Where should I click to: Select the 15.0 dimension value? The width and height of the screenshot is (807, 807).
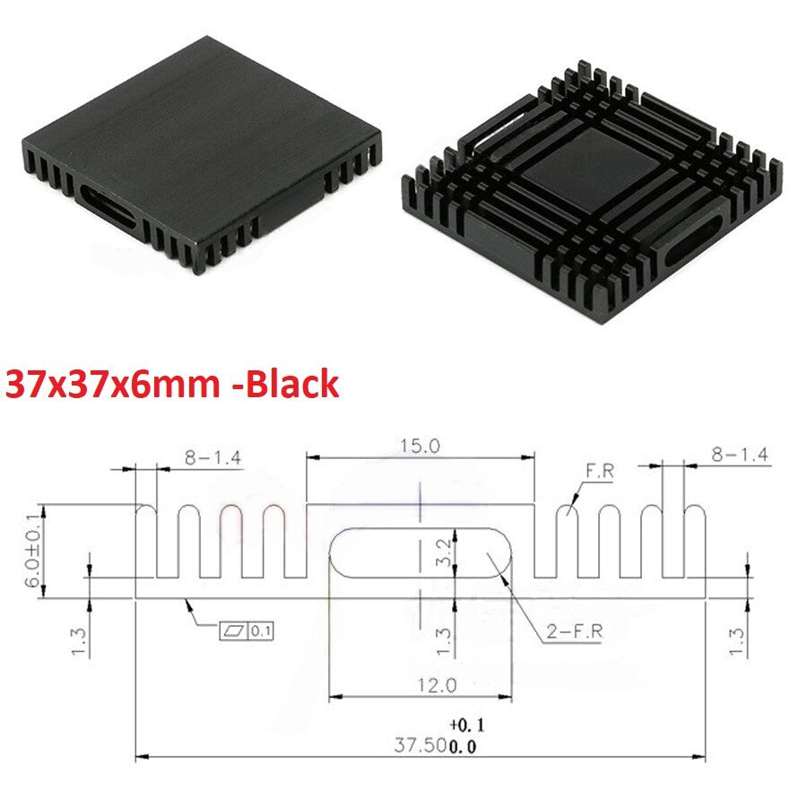pyautogui.click(x=421, y=446)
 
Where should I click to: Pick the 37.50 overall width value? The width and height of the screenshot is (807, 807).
pyautogui.click(x=420, y=744)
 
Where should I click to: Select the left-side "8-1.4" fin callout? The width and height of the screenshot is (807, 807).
pyautogui.click(x=213, y=458)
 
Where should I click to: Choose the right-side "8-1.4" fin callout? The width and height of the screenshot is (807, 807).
pyautogui.click(x=739, y=455)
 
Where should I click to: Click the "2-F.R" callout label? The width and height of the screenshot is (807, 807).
pyautogui.click(x=575, y=631)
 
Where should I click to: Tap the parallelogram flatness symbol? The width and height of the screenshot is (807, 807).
pyautogui.click(x=233, y=631)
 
